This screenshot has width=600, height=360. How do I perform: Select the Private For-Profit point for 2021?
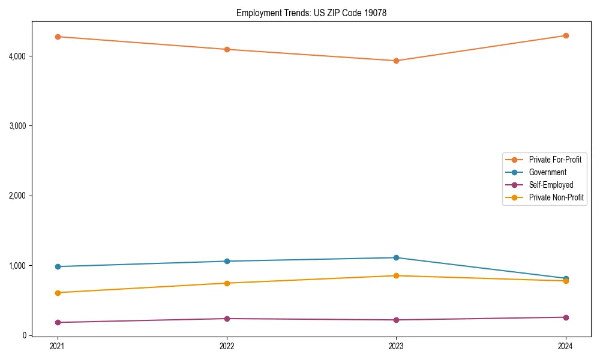(58, 37)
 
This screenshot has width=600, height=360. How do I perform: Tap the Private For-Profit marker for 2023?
(396, 61)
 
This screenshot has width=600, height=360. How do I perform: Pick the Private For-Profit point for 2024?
(566, 35)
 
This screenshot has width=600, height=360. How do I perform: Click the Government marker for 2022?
(227, 261)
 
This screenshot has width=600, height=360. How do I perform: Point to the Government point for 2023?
(396, 257)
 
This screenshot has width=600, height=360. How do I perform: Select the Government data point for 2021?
(58, 266)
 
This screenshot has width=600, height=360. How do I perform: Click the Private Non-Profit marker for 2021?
(58, 293)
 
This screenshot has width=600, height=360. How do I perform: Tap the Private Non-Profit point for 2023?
(396, 275)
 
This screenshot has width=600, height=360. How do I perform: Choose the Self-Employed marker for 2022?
(227, 319)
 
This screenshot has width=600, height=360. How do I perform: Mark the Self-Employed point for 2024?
(566, 317)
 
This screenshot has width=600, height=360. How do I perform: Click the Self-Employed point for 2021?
(58, 322)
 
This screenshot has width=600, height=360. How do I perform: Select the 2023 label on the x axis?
(396, 346)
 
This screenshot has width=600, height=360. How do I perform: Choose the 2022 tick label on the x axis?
(227, 346)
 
